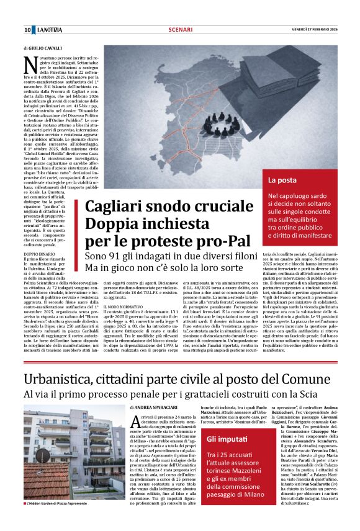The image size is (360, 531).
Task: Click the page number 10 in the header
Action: pos(28,30)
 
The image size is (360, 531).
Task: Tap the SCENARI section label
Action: pos(181,30)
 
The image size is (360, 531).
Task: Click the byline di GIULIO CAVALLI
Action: pos(43,47)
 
